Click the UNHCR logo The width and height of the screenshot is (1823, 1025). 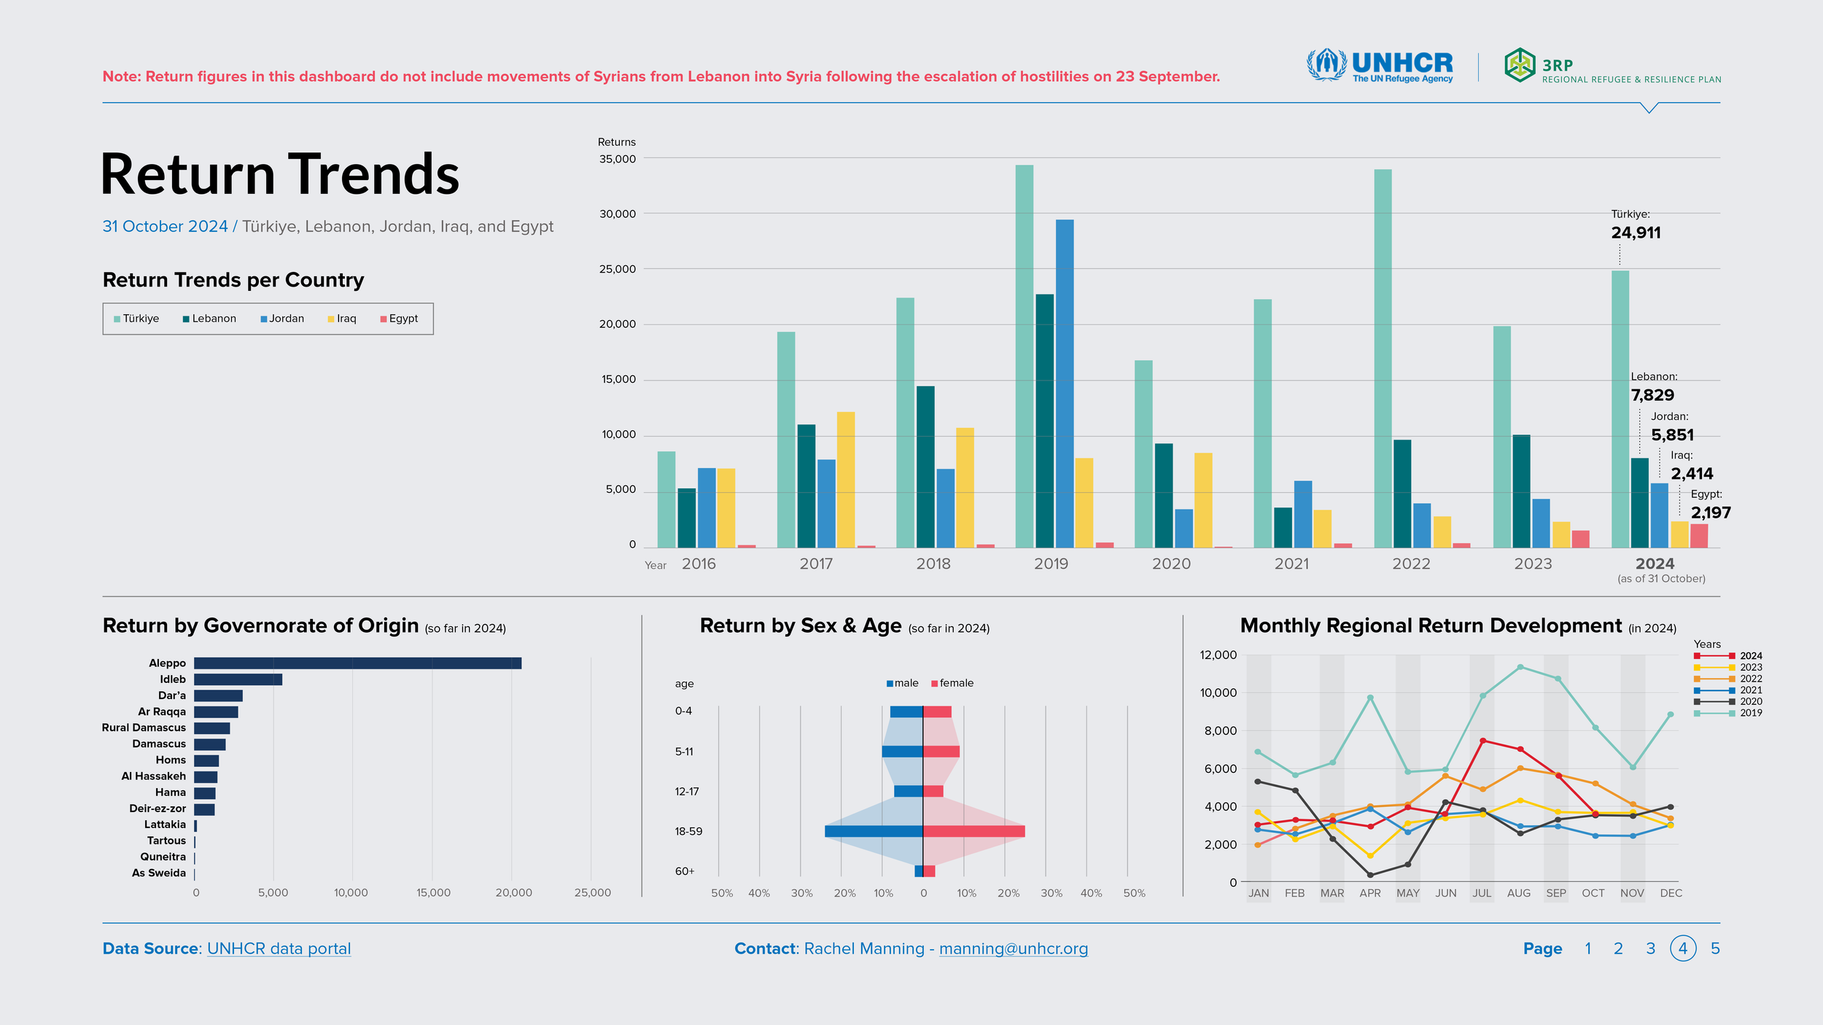(x=1380, y=66)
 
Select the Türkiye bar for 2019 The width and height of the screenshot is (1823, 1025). (x=1024, y=356)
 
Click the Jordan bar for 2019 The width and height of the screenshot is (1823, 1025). (x=1065, y=383)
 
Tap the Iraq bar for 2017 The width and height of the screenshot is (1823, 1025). (x=846, y=480)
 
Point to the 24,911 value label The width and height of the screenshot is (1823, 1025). (x=1636, y=233)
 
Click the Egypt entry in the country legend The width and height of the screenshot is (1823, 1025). (x=399, y=319)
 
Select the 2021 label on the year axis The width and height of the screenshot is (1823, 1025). (x=1291, y=564)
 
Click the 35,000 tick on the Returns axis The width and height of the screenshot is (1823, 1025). (x=617, y=159)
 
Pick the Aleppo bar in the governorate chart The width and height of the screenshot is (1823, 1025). (x=358, y=663)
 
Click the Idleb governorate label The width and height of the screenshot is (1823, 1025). (x=173, y=679)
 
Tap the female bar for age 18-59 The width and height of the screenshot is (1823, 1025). (x=974, y=831)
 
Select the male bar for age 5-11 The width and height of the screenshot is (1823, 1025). (x=903, y=752)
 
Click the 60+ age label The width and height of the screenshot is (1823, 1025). (x=685, y=871)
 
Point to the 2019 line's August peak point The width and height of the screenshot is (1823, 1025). (x=1520, y=667)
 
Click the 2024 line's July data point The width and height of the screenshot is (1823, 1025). (x=1482, y=741)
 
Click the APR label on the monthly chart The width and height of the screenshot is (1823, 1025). (x=1370, y=893)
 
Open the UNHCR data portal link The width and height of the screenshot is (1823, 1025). (x=279, y=948)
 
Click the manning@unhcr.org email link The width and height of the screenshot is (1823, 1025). (x=1014, y=948)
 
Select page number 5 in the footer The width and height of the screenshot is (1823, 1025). (x=1715, y=948)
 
